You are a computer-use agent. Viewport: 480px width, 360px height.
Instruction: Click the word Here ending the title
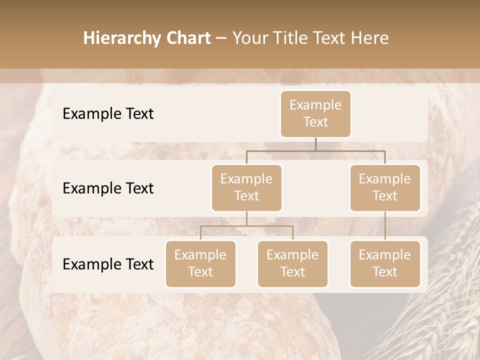point(370,38)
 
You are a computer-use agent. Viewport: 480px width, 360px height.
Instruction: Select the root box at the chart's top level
point(315,113)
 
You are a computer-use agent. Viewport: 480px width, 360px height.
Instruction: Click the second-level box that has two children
point(246,187)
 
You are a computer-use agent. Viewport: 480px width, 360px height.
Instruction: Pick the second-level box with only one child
point(385,187)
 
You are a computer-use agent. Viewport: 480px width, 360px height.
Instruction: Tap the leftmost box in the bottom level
point(200,263)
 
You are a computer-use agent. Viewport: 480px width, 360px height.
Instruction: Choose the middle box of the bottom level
point(292,263)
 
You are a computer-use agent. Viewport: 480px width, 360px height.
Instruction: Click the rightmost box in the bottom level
point(385,263)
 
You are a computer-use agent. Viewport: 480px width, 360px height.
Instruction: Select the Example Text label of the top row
point(108,113)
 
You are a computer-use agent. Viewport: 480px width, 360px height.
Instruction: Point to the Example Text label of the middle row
point(108,188)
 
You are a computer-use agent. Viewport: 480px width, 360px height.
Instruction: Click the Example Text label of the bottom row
point(108,264)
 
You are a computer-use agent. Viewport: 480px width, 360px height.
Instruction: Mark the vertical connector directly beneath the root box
point(315,144)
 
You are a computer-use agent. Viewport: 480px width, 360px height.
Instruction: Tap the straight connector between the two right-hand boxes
point(385,226)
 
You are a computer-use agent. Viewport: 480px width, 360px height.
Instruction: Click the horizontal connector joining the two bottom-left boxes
point(246,226)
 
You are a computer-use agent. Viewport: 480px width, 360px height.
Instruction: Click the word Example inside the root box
point(315,105)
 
